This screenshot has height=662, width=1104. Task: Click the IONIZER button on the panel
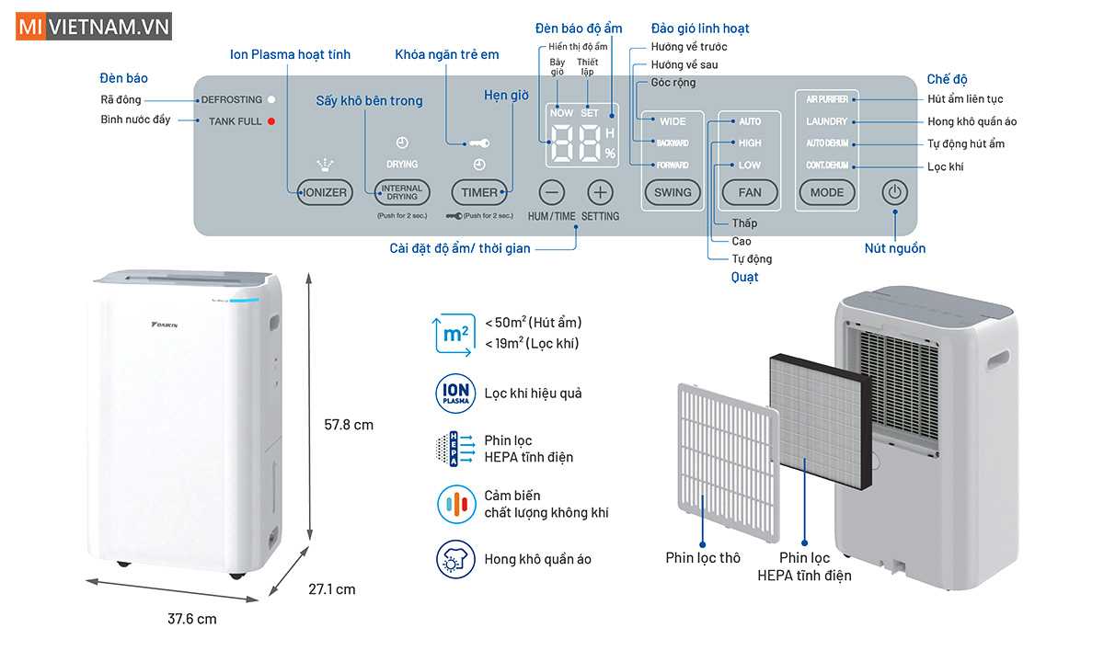[326, 193]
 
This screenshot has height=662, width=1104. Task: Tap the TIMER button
[479, 193]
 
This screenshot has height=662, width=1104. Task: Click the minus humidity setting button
[552, 192]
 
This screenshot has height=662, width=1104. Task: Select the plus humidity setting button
[600, 192]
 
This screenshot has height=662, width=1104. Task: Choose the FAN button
[750, 193]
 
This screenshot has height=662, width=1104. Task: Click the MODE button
[826, 193]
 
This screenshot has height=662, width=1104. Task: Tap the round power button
[895, 193]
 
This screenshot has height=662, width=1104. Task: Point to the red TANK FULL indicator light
[272, 121]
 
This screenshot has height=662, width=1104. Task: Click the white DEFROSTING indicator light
[272, 99]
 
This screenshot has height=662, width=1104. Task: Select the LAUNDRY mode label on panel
[826, 121]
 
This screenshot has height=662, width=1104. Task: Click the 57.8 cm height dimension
[350, 425]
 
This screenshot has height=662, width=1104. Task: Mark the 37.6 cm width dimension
[192, 619]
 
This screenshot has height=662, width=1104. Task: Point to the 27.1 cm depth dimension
[331, 589]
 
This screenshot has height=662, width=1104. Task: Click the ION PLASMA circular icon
[453, 393]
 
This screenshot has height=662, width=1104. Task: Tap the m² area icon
[454, 335]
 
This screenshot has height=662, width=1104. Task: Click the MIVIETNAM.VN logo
[93, 27]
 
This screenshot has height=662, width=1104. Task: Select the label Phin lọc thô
[703, 558]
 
